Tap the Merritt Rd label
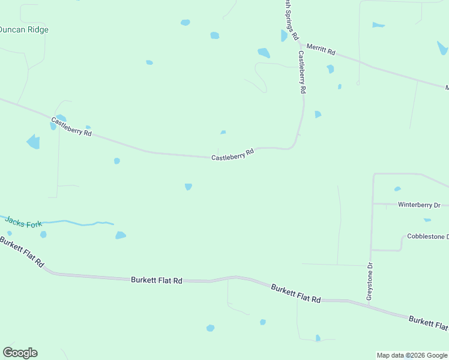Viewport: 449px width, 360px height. pyautogui.click(x=320, y=49)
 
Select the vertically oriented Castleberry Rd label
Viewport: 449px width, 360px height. pyautogui.click(x=303, y=71)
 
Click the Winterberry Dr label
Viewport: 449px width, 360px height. pyautogui.click(x=419, y=205)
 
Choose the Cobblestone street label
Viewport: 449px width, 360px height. pyautogui.click(x=427, y=237)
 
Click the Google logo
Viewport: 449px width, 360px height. pyautogui.click(x=20, y=353)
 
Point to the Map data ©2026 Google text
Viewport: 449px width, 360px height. pyautogui.click(x=412, y=355)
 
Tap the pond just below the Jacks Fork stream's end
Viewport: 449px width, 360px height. pyautogui.click(x=121, y=235)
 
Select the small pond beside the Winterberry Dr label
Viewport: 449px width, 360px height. pyautogui.click(x=397, y=189)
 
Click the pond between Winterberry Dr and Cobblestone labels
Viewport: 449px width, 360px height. pyautogui.click(x=427, y=220)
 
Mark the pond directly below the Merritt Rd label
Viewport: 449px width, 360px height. pyautogui.click(x=330, y=69)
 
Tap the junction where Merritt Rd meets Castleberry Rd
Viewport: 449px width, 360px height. pyautogui.click(x=300, y=44)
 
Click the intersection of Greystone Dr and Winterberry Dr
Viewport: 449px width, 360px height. pyautogui.click(x=373, y=204)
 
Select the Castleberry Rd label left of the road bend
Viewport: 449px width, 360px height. pyautogui.click(x=233, y=154)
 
